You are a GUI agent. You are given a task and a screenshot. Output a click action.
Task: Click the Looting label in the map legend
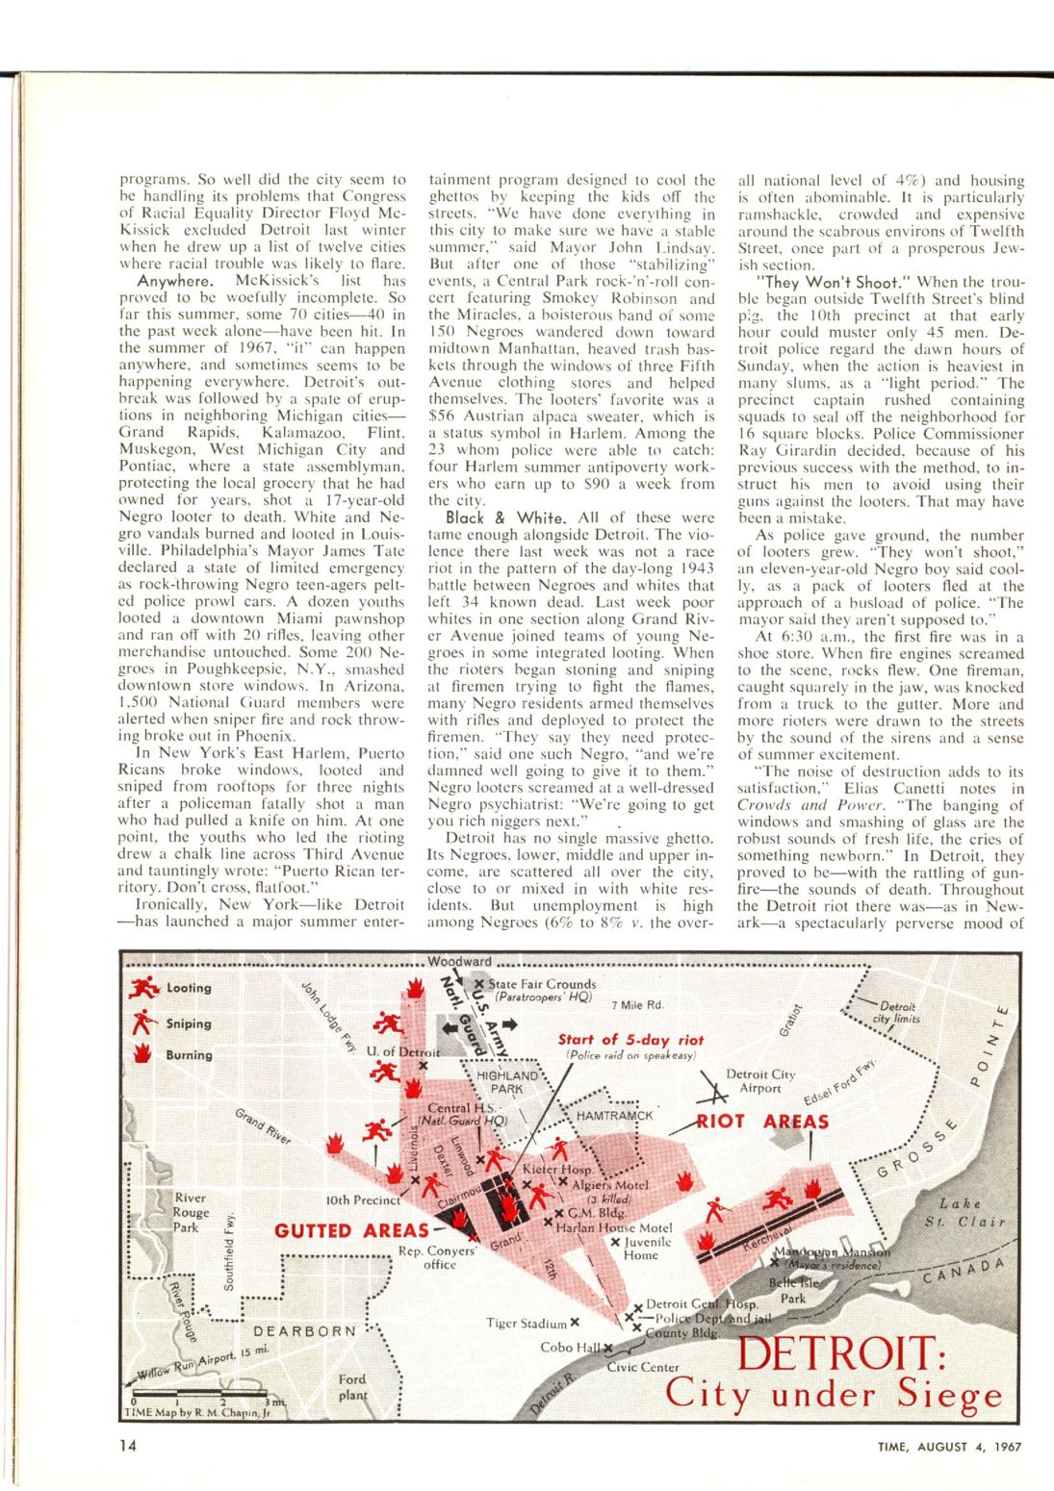tap(189, 988)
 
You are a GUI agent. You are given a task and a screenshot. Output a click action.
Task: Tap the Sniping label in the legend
tap(189, 1023)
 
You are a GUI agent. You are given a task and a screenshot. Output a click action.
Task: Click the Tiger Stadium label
tap(527, 1324)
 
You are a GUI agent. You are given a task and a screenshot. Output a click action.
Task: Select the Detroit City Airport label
tap(760, 1081)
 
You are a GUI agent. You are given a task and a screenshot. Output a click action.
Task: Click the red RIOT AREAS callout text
tap(763, 1122)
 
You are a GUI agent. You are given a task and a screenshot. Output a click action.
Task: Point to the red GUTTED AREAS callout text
tap(352, 1231)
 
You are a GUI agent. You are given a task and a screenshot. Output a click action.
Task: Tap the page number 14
tap(128, 1444)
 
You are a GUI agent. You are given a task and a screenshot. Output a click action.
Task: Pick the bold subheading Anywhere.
tap(174, 281)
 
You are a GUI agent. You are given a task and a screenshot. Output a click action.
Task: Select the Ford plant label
tap(352, 1386)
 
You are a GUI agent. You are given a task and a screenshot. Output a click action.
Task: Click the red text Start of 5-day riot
tap(630, 1040)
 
